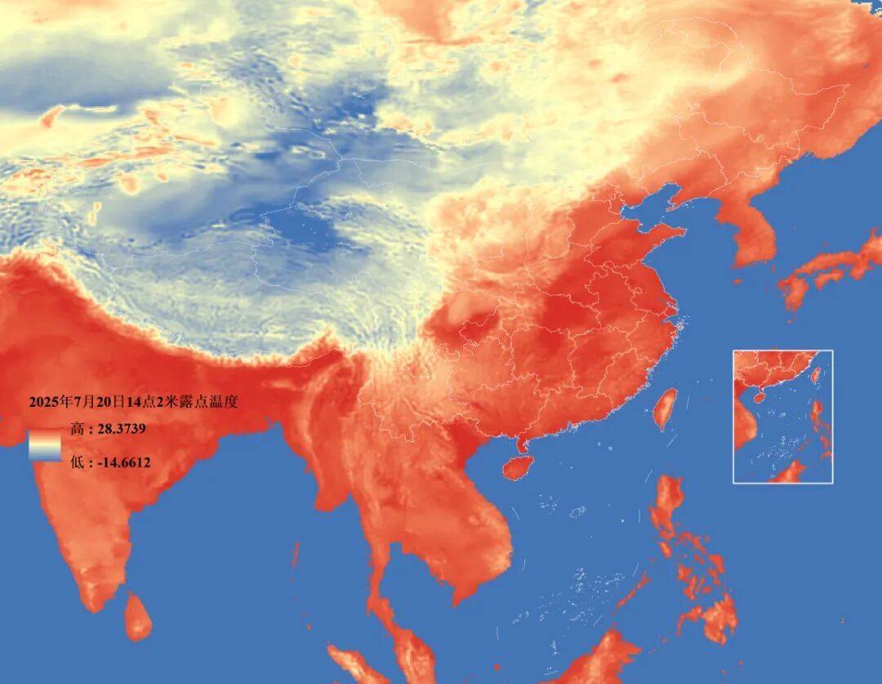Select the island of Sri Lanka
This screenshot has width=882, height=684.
(138, 617)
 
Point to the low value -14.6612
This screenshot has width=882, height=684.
(121, 463)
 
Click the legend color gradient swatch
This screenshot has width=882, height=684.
(44, 445)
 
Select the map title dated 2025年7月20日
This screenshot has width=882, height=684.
(133, 402)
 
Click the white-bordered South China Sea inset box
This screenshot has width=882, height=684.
(782, 416)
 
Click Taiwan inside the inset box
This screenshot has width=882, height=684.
(815, 375)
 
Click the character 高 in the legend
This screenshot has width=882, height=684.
(77, 429)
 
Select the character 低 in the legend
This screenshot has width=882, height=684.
(77, 463)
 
